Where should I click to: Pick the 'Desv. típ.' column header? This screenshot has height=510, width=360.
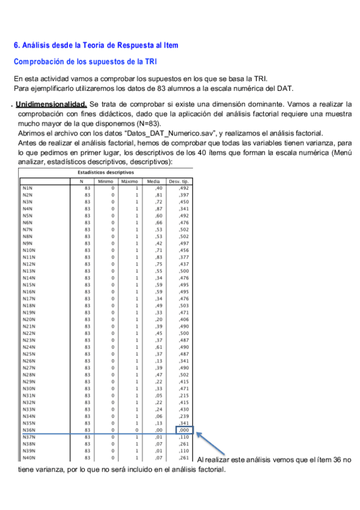[x=181, y=181]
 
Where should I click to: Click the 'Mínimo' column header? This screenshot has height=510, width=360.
[x=105, y=181]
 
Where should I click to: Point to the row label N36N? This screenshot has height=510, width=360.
[x=28, y=429]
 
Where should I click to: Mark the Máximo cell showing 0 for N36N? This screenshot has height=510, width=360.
[x=136, y=429]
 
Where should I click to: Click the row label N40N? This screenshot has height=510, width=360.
[x=28, y=457]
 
